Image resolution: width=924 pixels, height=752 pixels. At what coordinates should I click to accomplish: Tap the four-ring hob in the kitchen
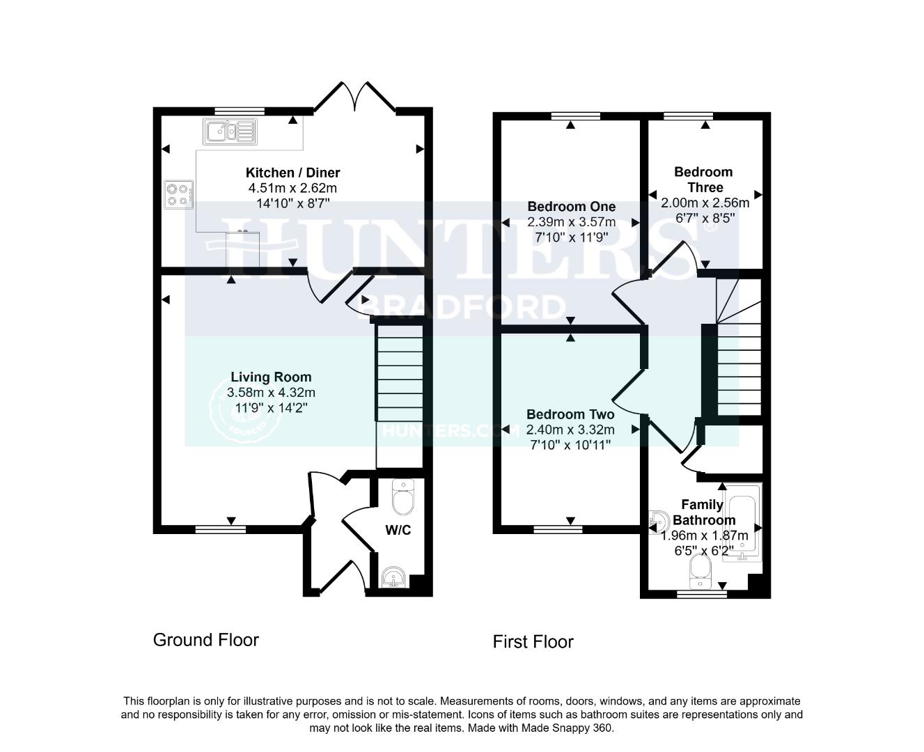(x=178, y=194)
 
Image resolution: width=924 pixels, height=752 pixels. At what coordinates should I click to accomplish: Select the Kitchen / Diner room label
(x=292, y=173)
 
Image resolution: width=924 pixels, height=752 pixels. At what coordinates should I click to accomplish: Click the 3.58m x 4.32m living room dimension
(x=271, y=393)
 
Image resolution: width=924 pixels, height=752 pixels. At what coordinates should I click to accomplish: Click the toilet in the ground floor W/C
(x=402, y=496)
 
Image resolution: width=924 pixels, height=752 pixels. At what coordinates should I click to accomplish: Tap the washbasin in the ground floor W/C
(x=395, y=578)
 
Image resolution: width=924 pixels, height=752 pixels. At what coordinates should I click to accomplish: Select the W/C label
(x=398, y=531)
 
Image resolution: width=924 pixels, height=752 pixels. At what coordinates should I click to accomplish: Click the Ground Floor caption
(x=205, y=640)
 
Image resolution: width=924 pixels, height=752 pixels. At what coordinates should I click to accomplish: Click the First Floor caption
(x=533, y=642)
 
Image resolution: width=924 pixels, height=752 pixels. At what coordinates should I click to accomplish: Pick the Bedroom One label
(x=571, y=207)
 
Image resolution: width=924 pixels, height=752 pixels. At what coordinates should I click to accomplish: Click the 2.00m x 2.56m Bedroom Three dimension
(x=705, y=203)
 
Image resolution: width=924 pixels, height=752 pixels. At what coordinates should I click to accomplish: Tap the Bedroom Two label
(x=570, y=414)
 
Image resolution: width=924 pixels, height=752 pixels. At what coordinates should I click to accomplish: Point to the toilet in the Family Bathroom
(x=698, y=571)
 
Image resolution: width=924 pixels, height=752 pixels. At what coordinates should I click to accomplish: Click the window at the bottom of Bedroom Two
(x=558, y=530)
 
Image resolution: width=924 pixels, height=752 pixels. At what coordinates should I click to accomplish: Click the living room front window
(x=220, y=530)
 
